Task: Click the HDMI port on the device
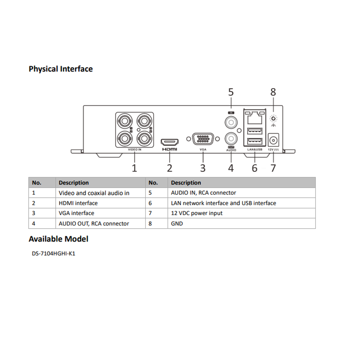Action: [169, 142]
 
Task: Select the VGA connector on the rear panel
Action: [203, 139]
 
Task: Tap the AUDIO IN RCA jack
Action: [231, 122]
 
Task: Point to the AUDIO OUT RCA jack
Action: [231, 139]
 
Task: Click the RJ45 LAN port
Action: [255, 117]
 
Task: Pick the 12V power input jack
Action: [273, 141]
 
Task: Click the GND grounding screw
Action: [273, 118]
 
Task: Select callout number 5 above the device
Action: [231, 92]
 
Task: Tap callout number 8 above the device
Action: [273, 92]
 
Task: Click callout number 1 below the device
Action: [134, 168]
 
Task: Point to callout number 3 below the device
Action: [203, 168]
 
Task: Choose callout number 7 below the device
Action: [273, 168]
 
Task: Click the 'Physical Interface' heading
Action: [61, 69]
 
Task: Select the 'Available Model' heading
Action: [58, 239]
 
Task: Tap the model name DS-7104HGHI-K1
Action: [54, 254]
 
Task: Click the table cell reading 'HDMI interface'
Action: [78, 203]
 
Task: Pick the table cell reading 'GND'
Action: [177, 224]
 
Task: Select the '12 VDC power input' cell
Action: [197, 213]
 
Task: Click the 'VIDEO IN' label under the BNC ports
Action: [134, 150]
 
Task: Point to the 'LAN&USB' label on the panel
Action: [255, 150]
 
